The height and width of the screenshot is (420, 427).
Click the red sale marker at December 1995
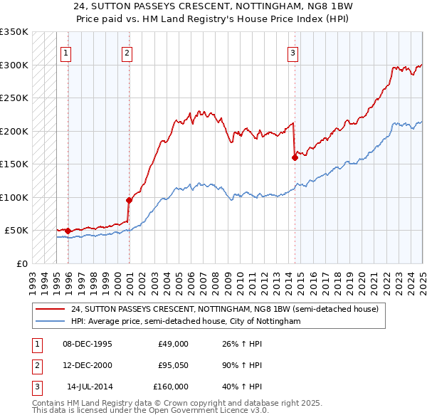(68, 231)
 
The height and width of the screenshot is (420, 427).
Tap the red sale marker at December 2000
(129, 200)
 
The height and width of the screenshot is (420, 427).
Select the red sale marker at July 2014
(295, 158)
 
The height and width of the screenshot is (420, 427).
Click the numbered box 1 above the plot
(65, 52)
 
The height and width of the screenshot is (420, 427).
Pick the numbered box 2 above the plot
(127, 52)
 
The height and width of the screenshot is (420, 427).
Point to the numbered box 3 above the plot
(292, 52)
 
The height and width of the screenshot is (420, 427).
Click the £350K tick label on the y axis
(14, 32)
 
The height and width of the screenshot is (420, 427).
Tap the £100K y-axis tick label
(14, 197)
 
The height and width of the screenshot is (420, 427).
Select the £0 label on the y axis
(21, 263)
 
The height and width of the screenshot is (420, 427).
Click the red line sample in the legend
(50, 310)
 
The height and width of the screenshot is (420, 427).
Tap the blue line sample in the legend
(50, 322)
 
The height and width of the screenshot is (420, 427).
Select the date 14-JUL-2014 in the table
(89, 387)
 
